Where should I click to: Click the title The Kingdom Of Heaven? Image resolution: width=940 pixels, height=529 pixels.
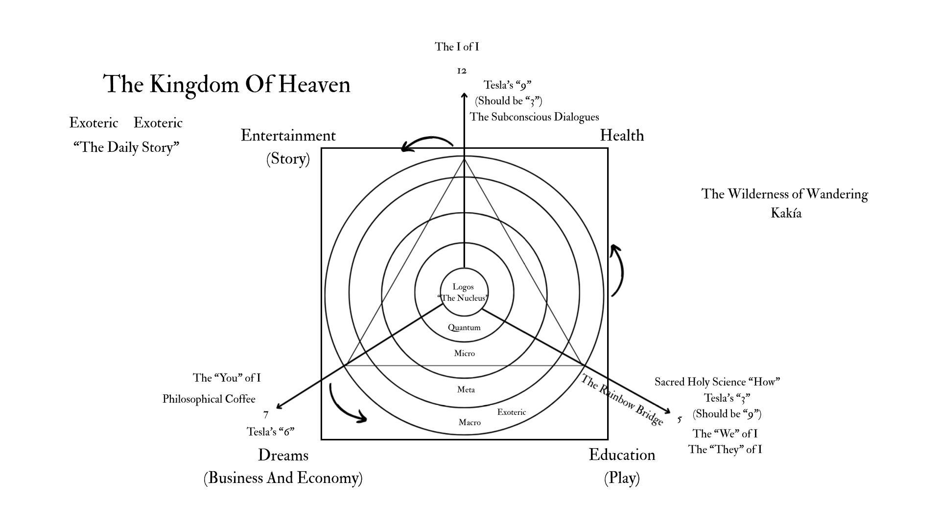pos(227,84)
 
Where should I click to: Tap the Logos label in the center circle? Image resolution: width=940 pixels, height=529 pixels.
pos(463,287)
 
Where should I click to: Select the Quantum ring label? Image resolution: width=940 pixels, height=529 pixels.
pos(464,328)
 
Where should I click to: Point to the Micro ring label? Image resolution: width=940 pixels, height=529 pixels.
pos(464,353)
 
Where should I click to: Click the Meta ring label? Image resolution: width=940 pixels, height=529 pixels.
pos(466,390)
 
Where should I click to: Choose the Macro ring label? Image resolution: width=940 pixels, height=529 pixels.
pos(470,422)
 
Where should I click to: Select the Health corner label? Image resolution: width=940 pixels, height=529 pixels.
pos(622,135)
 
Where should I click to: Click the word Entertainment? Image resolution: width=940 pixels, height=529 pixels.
pos(288,135)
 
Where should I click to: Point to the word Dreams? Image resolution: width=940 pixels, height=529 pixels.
pos(283,455)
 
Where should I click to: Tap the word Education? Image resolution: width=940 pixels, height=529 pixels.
pos(622,455)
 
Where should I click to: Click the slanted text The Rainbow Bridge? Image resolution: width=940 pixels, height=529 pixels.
pos(622,400)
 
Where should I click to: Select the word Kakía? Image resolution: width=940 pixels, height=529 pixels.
pos(786,214)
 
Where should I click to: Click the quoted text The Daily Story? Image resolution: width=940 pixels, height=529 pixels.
pos(126,147)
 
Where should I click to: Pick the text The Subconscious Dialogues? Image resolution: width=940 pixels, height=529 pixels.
pos(534,117)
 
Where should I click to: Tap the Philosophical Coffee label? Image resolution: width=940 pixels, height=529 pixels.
pos(209,399)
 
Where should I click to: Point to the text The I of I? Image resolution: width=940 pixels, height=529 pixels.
pos(457,47)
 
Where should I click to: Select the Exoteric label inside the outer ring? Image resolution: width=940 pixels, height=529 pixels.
pos(512,412)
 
